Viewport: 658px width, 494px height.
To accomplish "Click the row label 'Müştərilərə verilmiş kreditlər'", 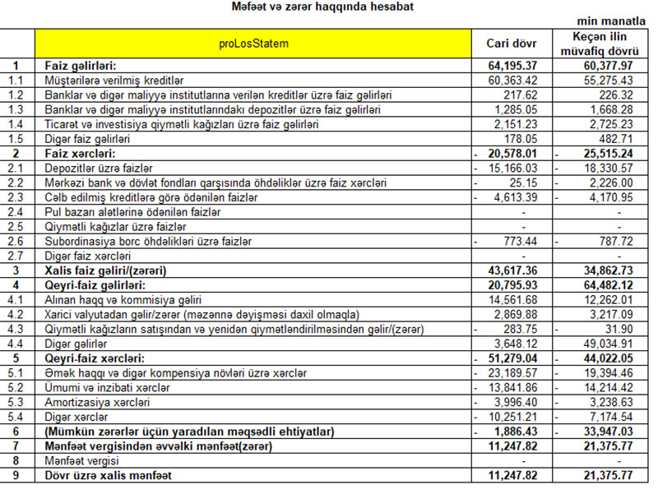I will coord(112,81).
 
